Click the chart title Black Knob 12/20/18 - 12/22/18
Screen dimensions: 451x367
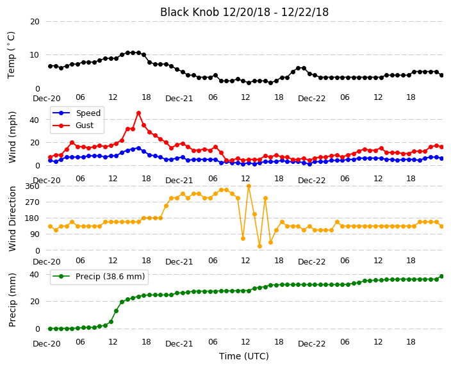(244, 12)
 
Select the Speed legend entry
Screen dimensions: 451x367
(76, 113)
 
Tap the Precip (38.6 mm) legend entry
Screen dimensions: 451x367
(99, 277)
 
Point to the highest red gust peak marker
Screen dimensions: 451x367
(138, 113)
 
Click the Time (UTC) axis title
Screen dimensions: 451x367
(244, 356)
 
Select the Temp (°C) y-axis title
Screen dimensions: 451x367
(11, 55)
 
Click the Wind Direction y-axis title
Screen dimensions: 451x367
(12, 218)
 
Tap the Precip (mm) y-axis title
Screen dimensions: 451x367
(12, 300)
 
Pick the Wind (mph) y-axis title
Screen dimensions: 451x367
(12, 137)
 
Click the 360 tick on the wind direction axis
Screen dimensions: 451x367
(32, 186)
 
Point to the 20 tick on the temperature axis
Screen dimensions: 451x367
(35, 22)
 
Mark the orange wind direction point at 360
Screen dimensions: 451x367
(249, 186)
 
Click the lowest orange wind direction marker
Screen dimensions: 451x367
(259, 246)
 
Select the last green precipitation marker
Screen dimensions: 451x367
(442, 277)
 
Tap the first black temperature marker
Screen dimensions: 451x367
(51, 66)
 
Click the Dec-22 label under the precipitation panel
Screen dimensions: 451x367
(312, 344)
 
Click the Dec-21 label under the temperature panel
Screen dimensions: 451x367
(179, 99)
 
